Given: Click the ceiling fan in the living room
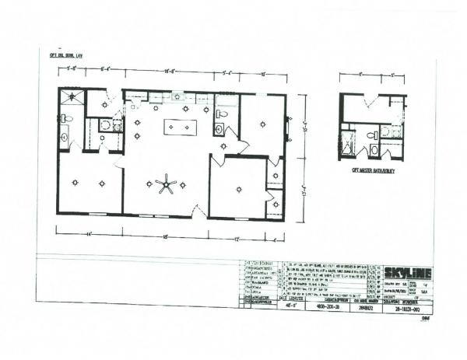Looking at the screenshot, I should [164, 184].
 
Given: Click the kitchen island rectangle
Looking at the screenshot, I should [178, 127].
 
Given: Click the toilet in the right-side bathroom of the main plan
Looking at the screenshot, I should [221, 114].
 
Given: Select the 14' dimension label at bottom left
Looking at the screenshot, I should [90, 235].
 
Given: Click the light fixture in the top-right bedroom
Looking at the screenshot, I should [262, 123].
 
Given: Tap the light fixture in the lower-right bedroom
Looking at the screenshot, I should [237, 187].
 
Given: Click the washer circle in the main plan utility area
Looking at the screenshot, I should [105, 124].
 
